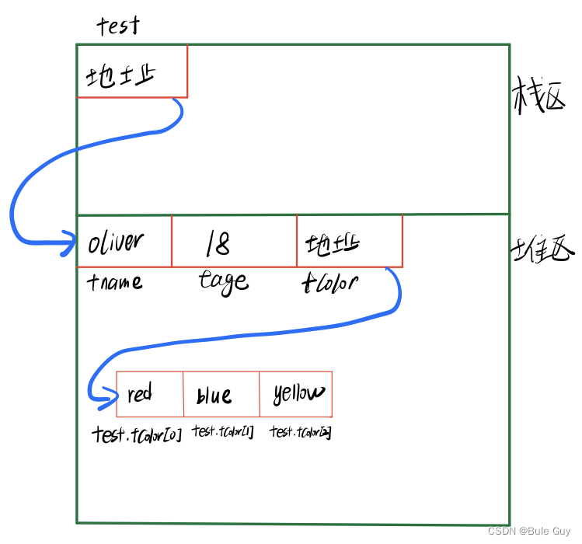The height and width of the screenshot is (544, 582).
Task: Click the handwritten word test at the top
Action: tap(118, 26)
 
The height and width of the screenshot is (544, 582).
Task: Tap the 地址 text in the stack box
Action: tap(120, 76)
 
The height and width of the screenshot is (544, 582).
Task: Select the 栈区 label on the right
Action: tap(538, 100)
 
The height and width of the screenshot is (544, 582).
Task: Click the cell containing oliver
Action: tap(124, 242)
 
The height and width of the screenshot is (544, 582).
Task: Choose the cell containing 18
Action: tap(233, 242)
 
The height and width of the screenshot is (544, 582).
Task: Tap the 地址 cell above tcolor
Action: tap(349, 242)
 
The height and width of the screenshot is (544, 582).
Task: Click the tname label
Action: tap(115, 281)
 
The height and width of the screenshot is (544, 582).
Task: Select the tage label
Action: tap(224, 281)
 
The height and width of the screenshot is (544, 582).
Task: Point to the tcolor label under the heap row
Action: tap(329, 281)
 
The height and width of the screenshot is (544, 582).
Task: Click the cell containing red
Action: tap(149, 394)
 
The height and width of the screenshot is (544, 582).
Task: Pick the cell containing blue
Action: tap(221, 395)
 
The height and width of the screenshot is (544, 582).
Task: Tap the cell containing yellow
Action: tap(296, 394)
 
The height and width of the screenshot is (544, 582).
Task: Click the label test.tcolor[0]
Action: tap(137, 434)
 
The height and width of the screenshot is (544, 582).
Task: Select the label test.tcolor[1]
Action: tap(223, 432)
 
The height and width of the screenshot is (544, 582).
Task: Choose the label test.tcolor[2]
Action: tap(301, 432)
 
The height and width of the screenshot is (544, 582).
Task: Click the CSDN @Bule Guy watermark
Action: tap(528, 531)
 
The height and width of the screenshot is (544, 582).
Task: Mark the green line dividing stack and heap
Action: tap(292, 214)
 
